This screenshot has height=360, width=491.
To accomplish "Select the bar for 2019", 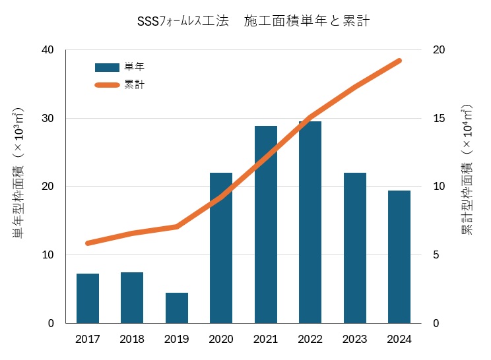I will tap(177, 308).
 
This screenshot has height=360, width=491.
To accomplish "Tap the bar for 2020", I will tap(221, 264).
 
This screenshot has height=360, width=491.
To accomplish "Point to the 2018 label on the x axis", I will tap(132, 340).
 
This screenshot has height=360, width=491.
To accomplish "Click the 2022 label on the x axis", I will tap(310, 340).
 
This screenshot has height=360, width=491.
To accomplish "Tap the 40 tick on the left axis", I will tap(48, 50).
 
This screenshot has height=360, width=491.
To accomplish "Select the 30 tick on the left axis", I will tap(48, 119).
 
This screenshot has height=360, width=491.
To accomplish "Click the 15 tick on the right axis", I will tap(439, 119).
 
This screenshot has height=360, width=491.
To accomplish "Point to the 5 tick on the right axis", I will tap(436, 255).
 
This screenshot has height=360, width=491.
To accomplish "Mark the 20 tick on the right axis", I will tap(439, 50).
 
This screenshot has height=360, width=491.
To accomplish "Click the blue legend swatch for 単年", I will tap(106, 67).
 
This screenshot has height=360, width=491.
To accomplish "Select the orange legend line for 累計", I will tap(106, 84).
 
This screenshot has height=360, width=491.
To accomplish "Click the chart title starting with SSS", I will tap(253, 21).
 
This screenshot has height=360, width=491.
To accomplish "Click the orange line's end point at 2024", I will tap(399, 61).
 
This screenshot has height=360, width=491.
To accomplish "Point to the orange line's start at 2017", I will tap(88, 243).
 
